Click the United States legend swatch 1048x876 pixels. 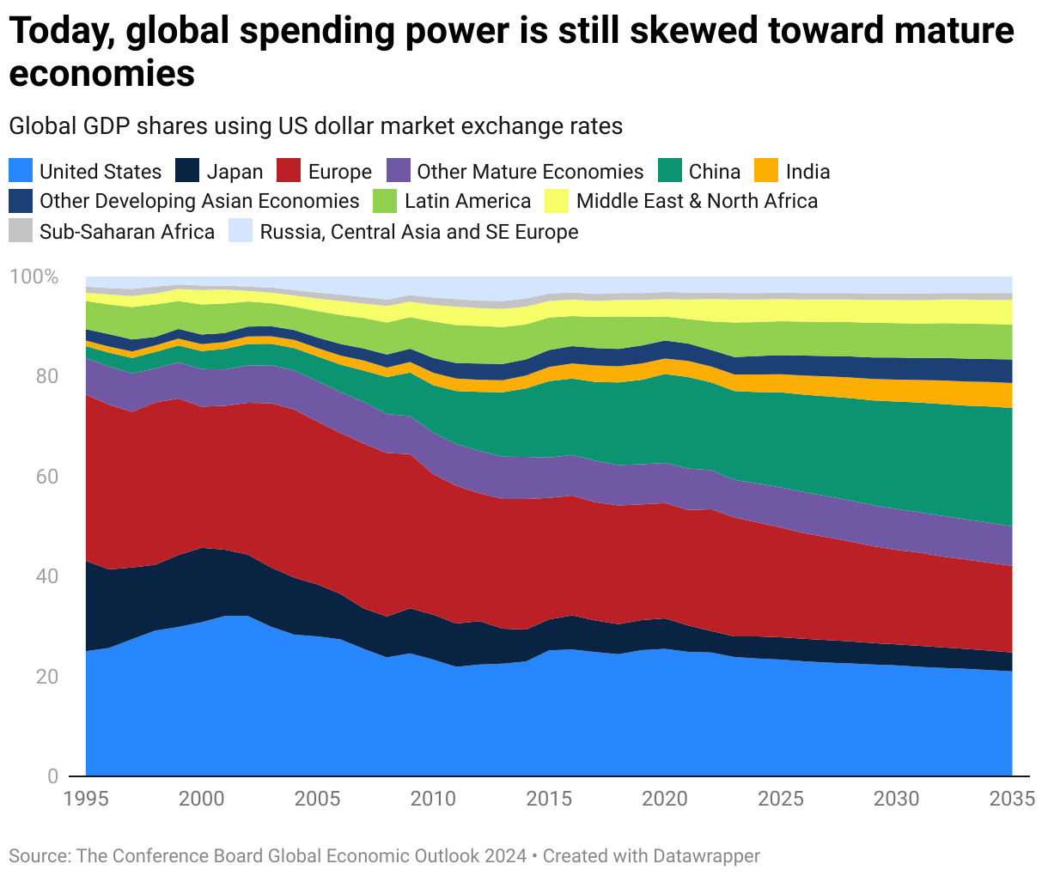[21, 171]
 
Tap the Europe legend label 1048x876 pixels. [339, 172]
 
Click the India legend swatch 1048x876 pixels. [766, 171]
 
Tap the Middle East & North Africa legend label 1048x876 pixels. [697, 201]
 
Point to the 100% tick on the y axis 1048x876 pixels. [34, 277]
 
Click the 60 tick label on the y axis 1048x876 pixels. [46, 477]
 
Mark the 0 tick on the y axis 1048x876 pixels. [52, 776]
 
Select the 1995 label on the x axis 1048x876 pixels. [86, 799]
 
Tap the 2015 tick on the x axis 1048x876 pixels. [549, 799]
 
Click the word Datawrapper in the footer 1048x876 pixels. [706, 856]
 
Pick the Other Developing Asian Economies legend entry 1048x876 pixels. [199, 201]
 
